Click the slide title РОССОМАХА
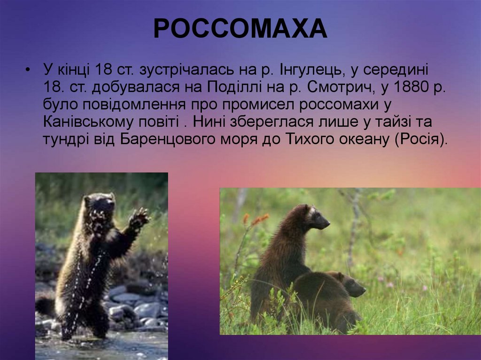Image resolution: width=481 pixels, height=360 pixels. (x=240, y=29)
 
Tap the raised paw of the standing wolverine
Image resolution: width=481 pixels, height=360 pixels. (x=139, y=218)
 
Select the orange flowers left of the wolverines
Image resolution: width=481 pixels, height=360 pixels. (x=256, y=219)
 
